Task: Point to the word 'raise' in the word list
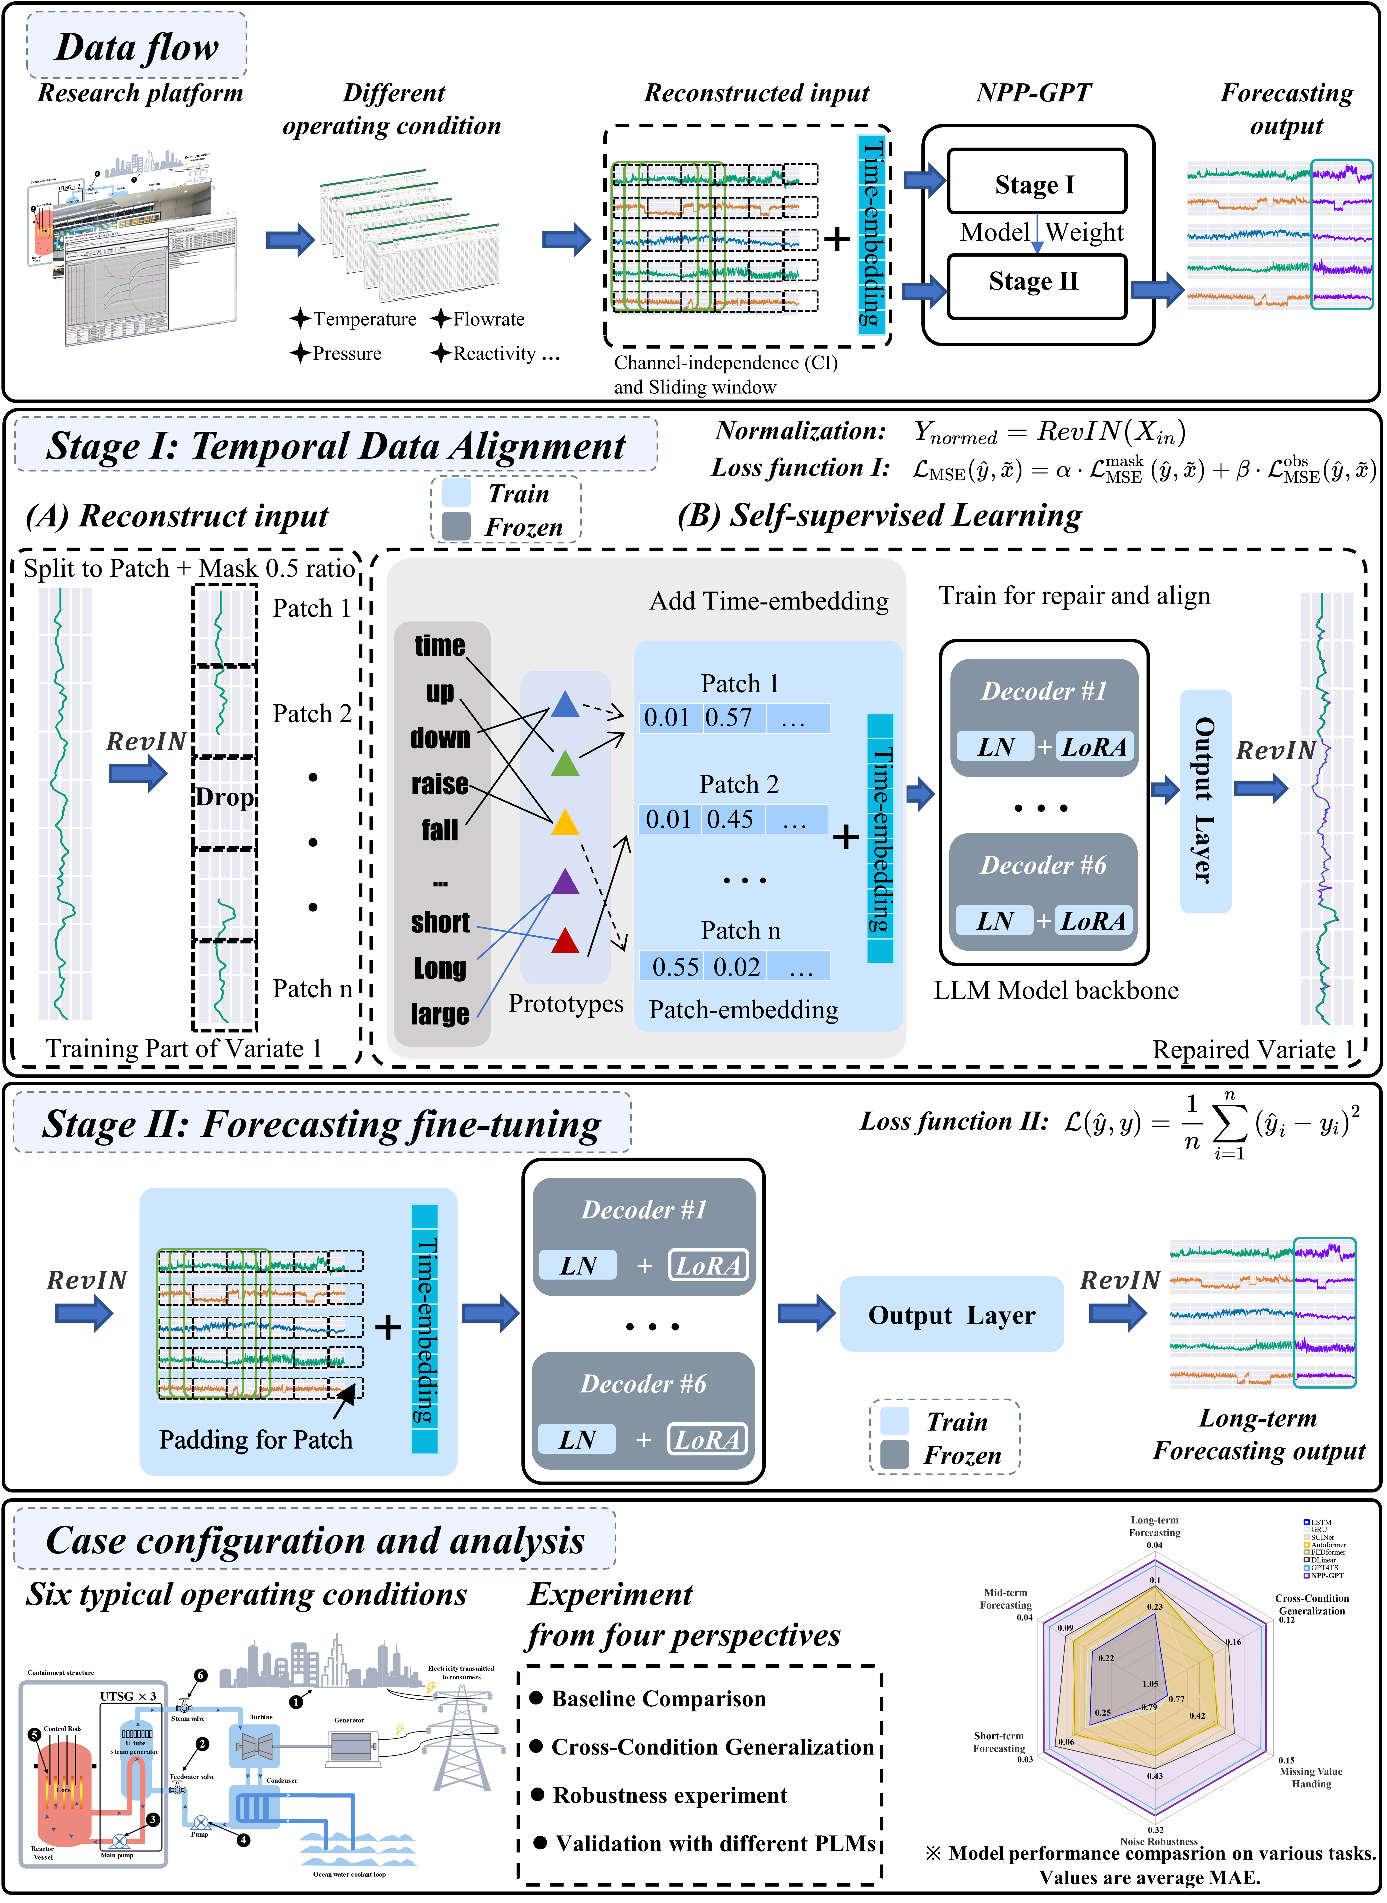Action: click(440, 784)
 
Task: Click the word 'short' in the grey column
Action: click(440, 922)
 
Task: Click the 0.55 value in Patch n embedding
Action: click(675, 967)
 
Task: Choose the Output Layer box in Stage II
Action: click(951, 1314)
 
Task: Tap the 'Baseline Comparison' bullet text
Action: click(658, 1699)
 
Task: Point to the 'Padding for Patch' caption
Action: click(255, 1440)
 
